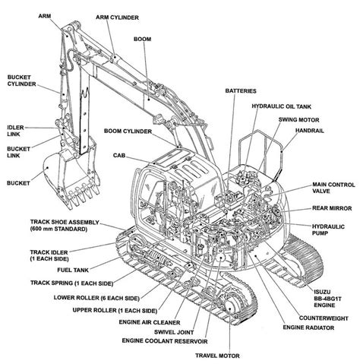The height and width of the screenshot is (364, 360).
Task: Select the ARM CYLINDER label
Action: click(x=115, y=15)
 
